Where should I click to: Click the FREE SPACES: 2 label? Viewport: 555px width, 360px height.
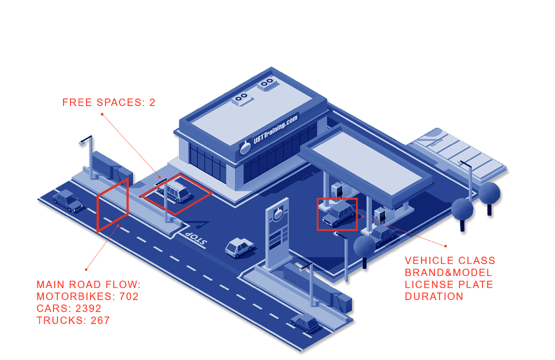(108, 102)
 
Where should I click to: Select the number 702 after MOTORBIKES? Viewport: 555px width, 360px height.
(129, 296)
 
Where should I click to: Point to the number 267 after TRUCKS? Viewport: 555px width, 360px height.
(100, 320)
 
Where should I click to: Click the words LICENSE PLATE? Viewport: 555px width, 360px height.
(449, 284)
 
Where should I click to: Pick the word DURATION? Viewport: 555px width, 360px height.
(434, 296)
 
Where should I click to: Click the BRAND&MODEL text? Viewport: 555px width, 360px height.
(448, 272)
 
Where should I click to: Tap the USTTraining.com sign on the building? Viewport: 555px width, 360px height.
(269, 134)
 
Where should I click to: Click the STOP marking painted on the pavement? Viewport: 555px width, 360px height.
(194, 239)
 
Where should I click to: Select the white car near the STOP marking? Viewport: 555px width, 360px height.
(239, 247)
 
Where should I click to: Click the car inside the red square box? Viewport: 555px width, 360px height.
(338, 213)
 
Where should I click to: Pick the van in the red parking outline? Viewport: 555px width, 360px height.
(175, 191)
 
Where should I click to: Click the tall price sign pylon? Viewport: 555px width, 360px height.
(278, 235)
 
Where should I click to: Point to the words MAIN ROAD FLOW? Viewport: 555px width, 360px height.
(88, 284)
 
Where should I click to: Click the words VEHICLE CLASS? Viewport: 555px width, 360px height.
(450, 260)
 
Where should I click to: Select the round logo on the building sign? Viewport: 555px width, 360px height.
(245, 147)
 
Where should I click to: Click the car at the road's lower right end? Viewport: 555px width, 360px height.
(305, 324)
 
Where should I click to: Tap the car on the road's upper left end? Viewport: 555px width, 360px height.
(68, 200)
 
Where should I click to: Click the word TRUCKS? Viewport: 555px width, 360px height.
(59, 320)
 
